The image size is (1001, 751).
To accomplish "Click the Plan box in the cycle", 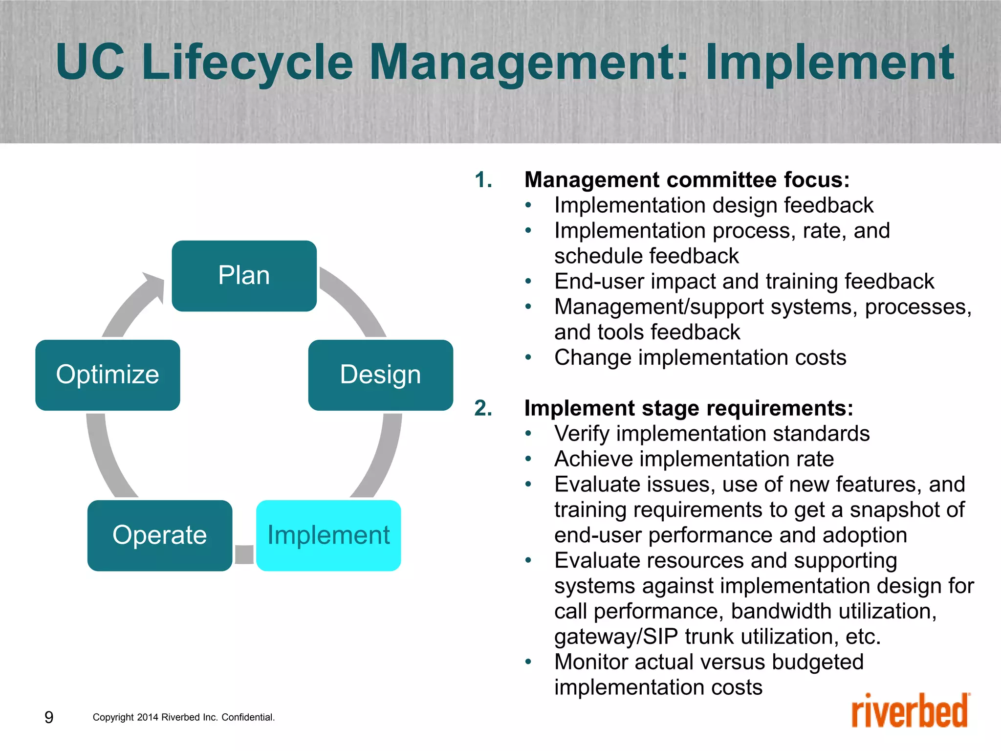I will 244,276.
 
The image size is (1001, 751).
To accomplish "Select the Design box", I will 380,375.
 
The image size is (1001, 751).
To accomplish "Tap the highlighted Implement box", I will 328,535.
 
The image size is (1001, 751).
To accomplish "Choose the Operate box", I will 159,535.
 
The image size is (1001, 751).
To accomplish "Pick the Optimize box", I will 108,375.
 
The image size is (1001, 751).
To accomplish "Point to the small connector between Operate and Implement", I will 244,554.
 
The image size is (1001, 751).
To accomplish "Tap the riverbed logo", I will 910,711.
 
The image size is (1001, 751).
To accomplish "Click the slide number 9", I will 49,717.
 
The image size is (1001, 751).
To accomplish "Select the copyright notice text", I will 184,717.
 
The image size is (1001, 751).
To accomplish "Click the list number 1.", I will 483,180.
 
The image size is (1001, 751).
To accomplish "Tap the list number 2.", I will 483,408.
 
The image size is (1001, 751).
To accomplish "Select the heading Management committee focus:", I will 687,180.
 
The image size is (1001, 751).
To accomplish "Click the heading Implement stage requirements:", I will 688,408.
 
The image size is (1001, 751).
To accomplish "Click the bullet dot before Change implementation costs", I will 528,357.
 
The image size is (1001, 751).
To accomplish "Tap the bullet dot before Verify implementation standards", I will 528,434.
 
